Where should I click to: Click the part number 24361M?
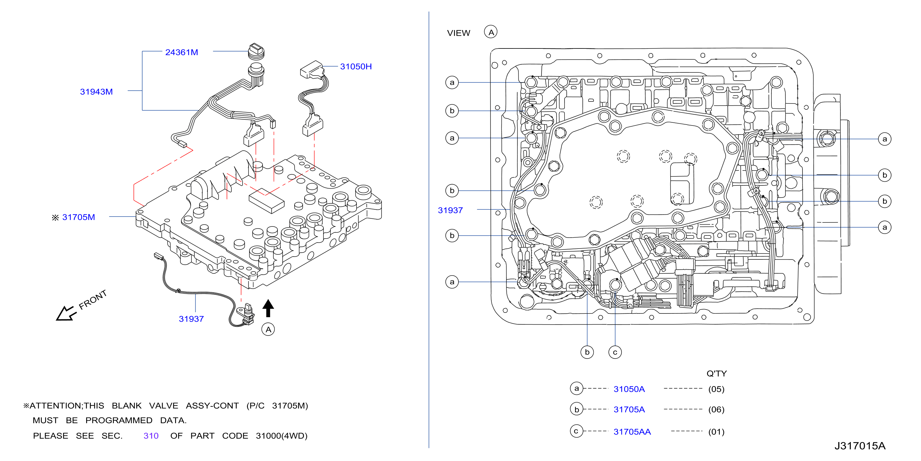point(181,52)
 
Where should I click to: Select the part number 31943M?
point(96,92)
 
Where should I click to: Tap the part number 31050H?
point(356,66)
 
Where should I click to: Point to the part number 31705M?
point(79,217)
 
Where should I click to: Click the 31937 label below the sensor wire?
point(191,319)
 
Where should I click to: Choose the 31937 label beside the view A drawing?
point(450,210)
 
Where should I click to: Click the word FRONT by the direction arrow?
point(93,299)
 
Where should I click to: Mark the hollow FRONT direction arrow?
point(66,314)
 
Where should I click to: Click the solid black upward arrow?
point(268,308)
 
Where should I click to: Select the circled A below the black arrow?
point(268,329)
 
